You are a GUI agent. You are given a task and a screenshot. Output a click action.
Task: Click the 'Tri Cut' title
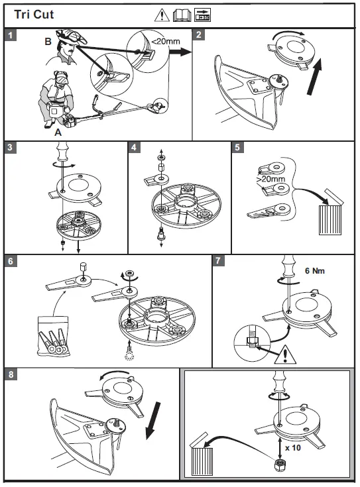click(34, 15)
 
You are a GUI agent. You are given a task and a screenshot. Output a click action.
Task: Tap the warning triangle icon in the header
click(162, 15)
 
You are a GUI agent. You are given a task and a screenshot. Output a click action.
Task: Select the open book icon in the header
click(182, 15)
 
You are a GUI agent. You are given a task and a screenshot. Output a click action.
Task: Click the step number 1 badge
click(11, 35)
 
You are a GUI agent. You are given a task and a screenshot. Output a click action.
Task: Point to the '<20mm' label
click(165, 41)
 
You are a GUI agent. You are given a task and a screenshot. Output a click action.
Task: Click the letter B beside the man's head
click(48, 41)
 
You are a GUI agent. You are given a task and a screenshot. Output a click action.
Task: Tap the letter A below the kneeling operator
click(58, 133)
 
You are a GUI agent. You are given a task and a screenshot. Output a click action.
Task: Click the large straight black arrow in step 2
click(315, 77)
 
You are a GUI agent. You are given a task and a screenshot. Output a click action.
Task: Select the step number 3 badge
click(10, 147)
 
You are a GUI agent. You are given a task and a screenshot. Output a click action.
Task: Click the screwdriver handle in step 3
click(62, 151)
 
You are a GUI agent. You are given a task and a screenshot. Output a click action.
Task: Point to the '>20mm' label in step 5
click(271, 179)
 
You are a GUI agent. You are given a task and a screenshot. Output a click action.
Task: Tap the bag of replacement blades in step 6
click(53, 336)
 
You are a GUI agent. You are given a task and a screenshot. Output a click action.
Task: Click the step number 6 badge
click(10, 261)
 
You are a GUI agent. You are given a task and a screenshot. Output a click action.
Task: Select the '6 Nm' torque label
click(315, 271)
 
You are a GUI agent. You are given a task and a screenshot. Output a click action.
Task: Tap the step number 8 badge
click(11, 374)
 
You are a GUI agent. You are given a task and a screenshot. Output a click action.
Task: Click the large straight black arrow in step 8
click(153, 421)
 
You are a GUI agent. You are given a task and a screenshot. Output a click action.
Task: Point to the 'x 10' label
click(293, 447)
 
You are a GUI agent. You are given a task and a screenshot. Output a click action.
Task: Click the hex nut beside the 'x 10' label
click(280, 464)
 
